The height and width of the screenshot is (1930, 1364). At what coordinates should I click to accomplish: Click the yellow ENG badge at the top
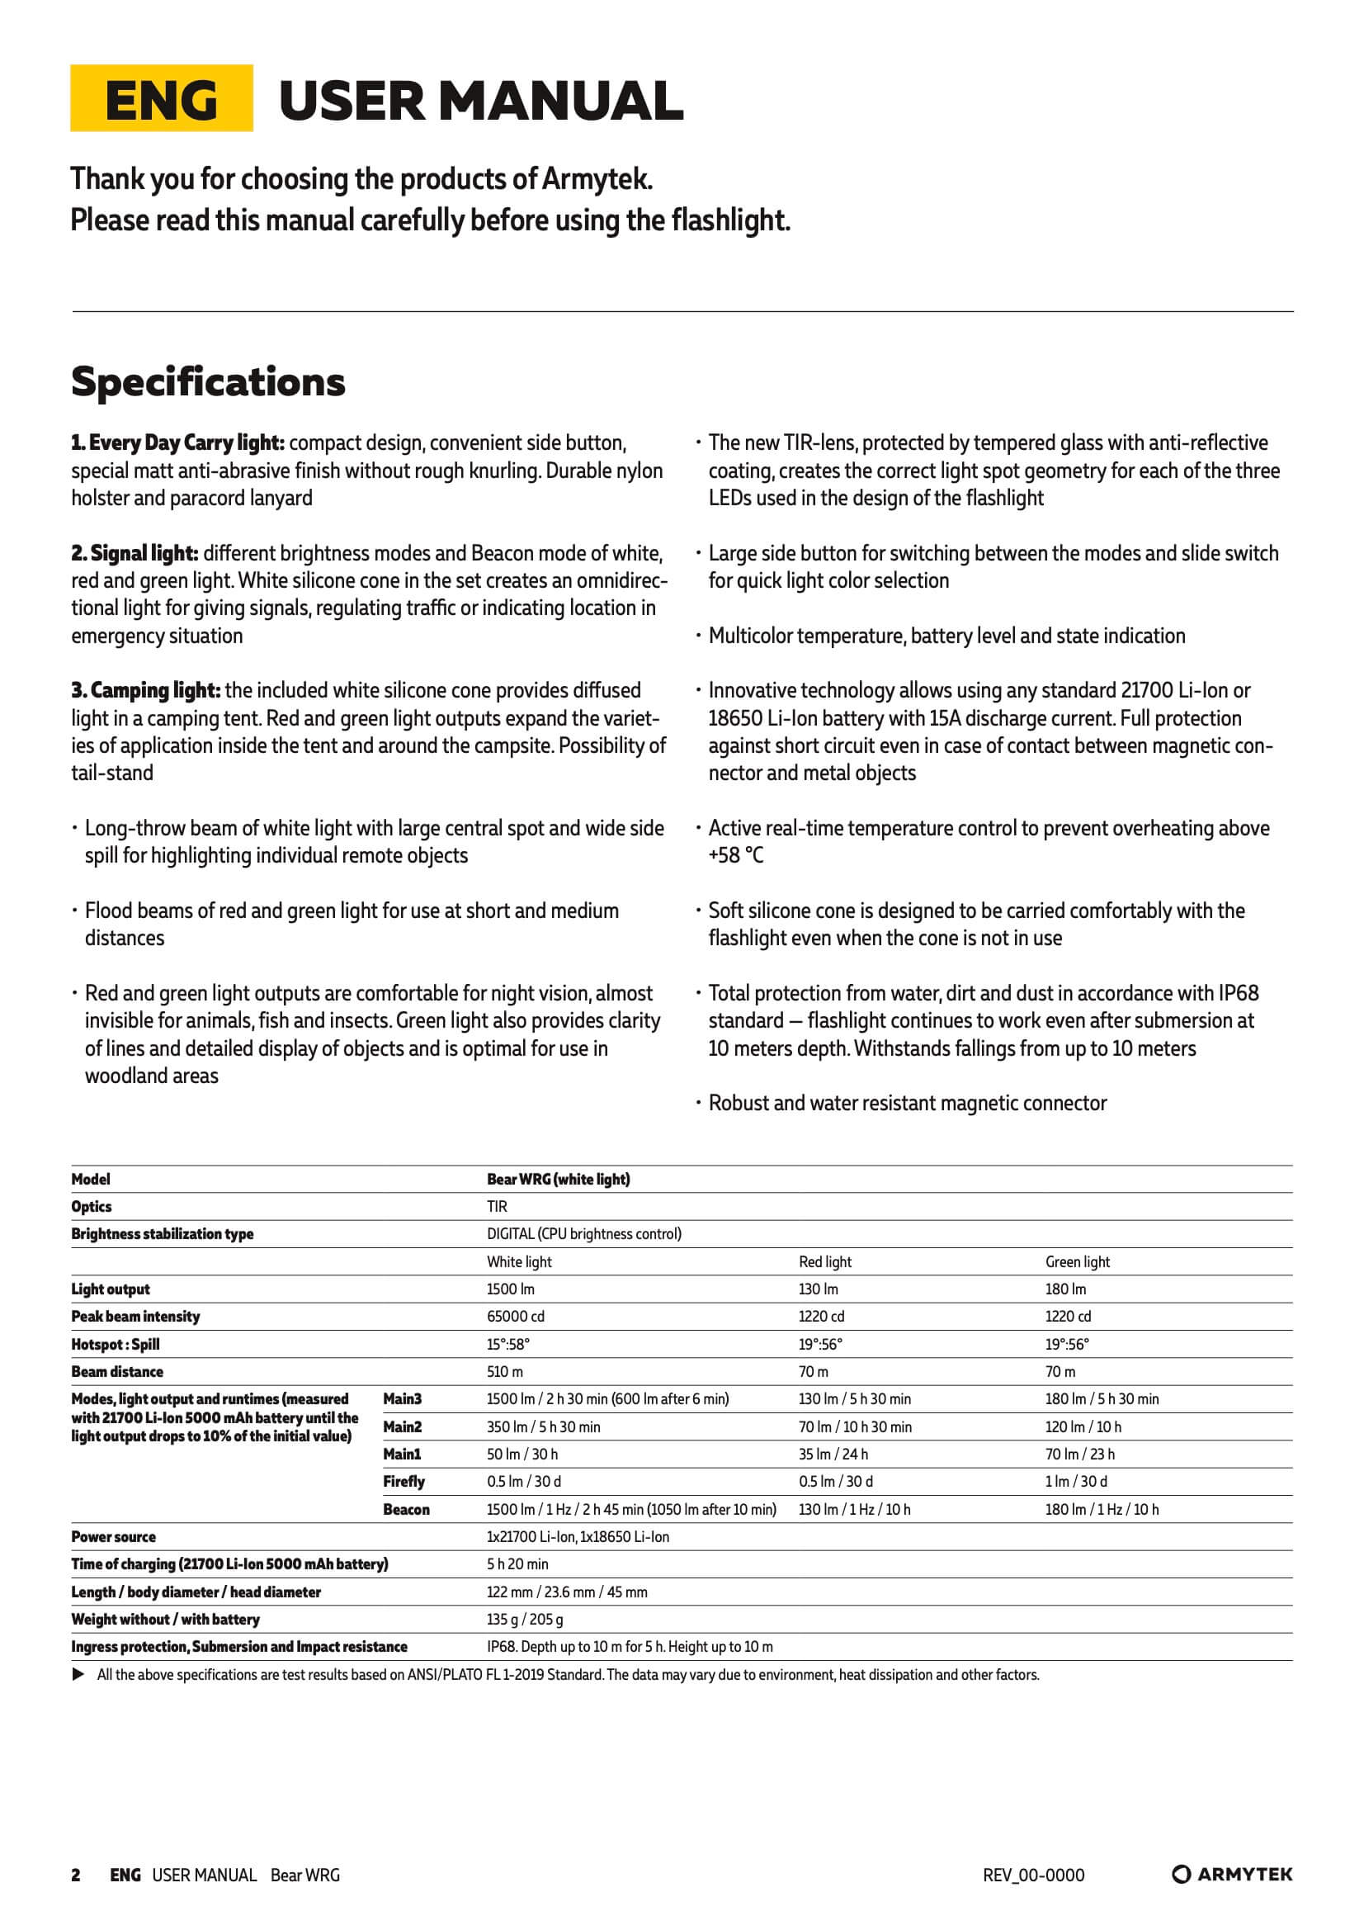[x=162, y=98]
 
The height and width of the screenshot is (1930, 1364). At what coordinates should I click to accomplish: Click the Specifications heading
[x=208, y=381]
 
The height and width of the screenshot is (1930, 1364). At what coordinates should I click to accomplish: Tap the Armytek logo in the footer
[x=1232, y=1874]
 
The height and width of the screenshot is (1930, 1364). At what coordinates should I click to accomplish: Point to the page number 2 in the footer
[x=76, y=1875]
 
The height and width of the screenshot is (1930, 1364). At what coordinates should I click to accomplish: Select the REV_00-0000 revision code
[x=1034, y=1875]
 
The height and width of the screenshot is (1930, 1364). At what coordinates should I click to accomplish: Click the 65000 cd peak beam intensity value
[x=515, y=1317]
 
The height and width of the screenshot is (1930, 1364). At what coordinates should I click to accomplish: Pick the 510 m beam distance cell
[x=504, y=1371]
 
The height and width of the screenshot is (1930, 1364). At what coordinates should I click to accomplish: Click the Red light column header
[x=824, y=1261]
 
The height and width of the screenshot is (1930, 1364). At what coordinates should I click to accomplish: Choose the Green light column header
[x=1078, y=1261]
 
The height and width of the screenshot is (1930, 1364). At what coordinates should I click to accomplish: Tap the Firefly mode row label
[x=404, y=1481]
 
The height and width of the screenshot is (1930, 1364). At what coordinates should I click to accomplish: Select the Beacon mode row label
[x=406, y=1509]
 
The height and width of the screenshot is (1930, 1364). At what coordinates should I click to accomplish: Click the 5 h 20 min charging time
[x=517, y=1563]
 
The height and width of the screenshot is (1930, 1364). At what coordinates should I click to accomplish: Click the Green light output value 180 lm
[x=1064, y=1289]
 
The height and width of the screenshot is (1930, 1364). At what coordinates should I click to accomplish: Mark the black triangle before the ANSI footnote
[x=78, y=1674]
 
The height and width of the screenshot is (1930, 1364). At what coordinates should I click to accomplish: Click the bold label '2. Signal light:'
[x=135, y=553]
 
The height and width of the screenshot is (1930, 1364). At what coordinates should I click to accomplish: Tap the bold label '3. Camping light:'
[x=145, y=690]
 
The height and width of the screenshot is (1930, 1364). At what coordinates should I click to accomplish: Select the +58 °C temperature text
[x=736, y=855]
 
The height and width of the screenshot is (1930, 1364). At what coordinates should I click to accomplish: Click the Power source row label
[x=113, y=1536]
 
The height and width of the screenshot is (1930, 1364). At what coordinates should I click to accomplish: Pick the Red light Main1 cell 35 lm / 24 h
[x=833, y=1454]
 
